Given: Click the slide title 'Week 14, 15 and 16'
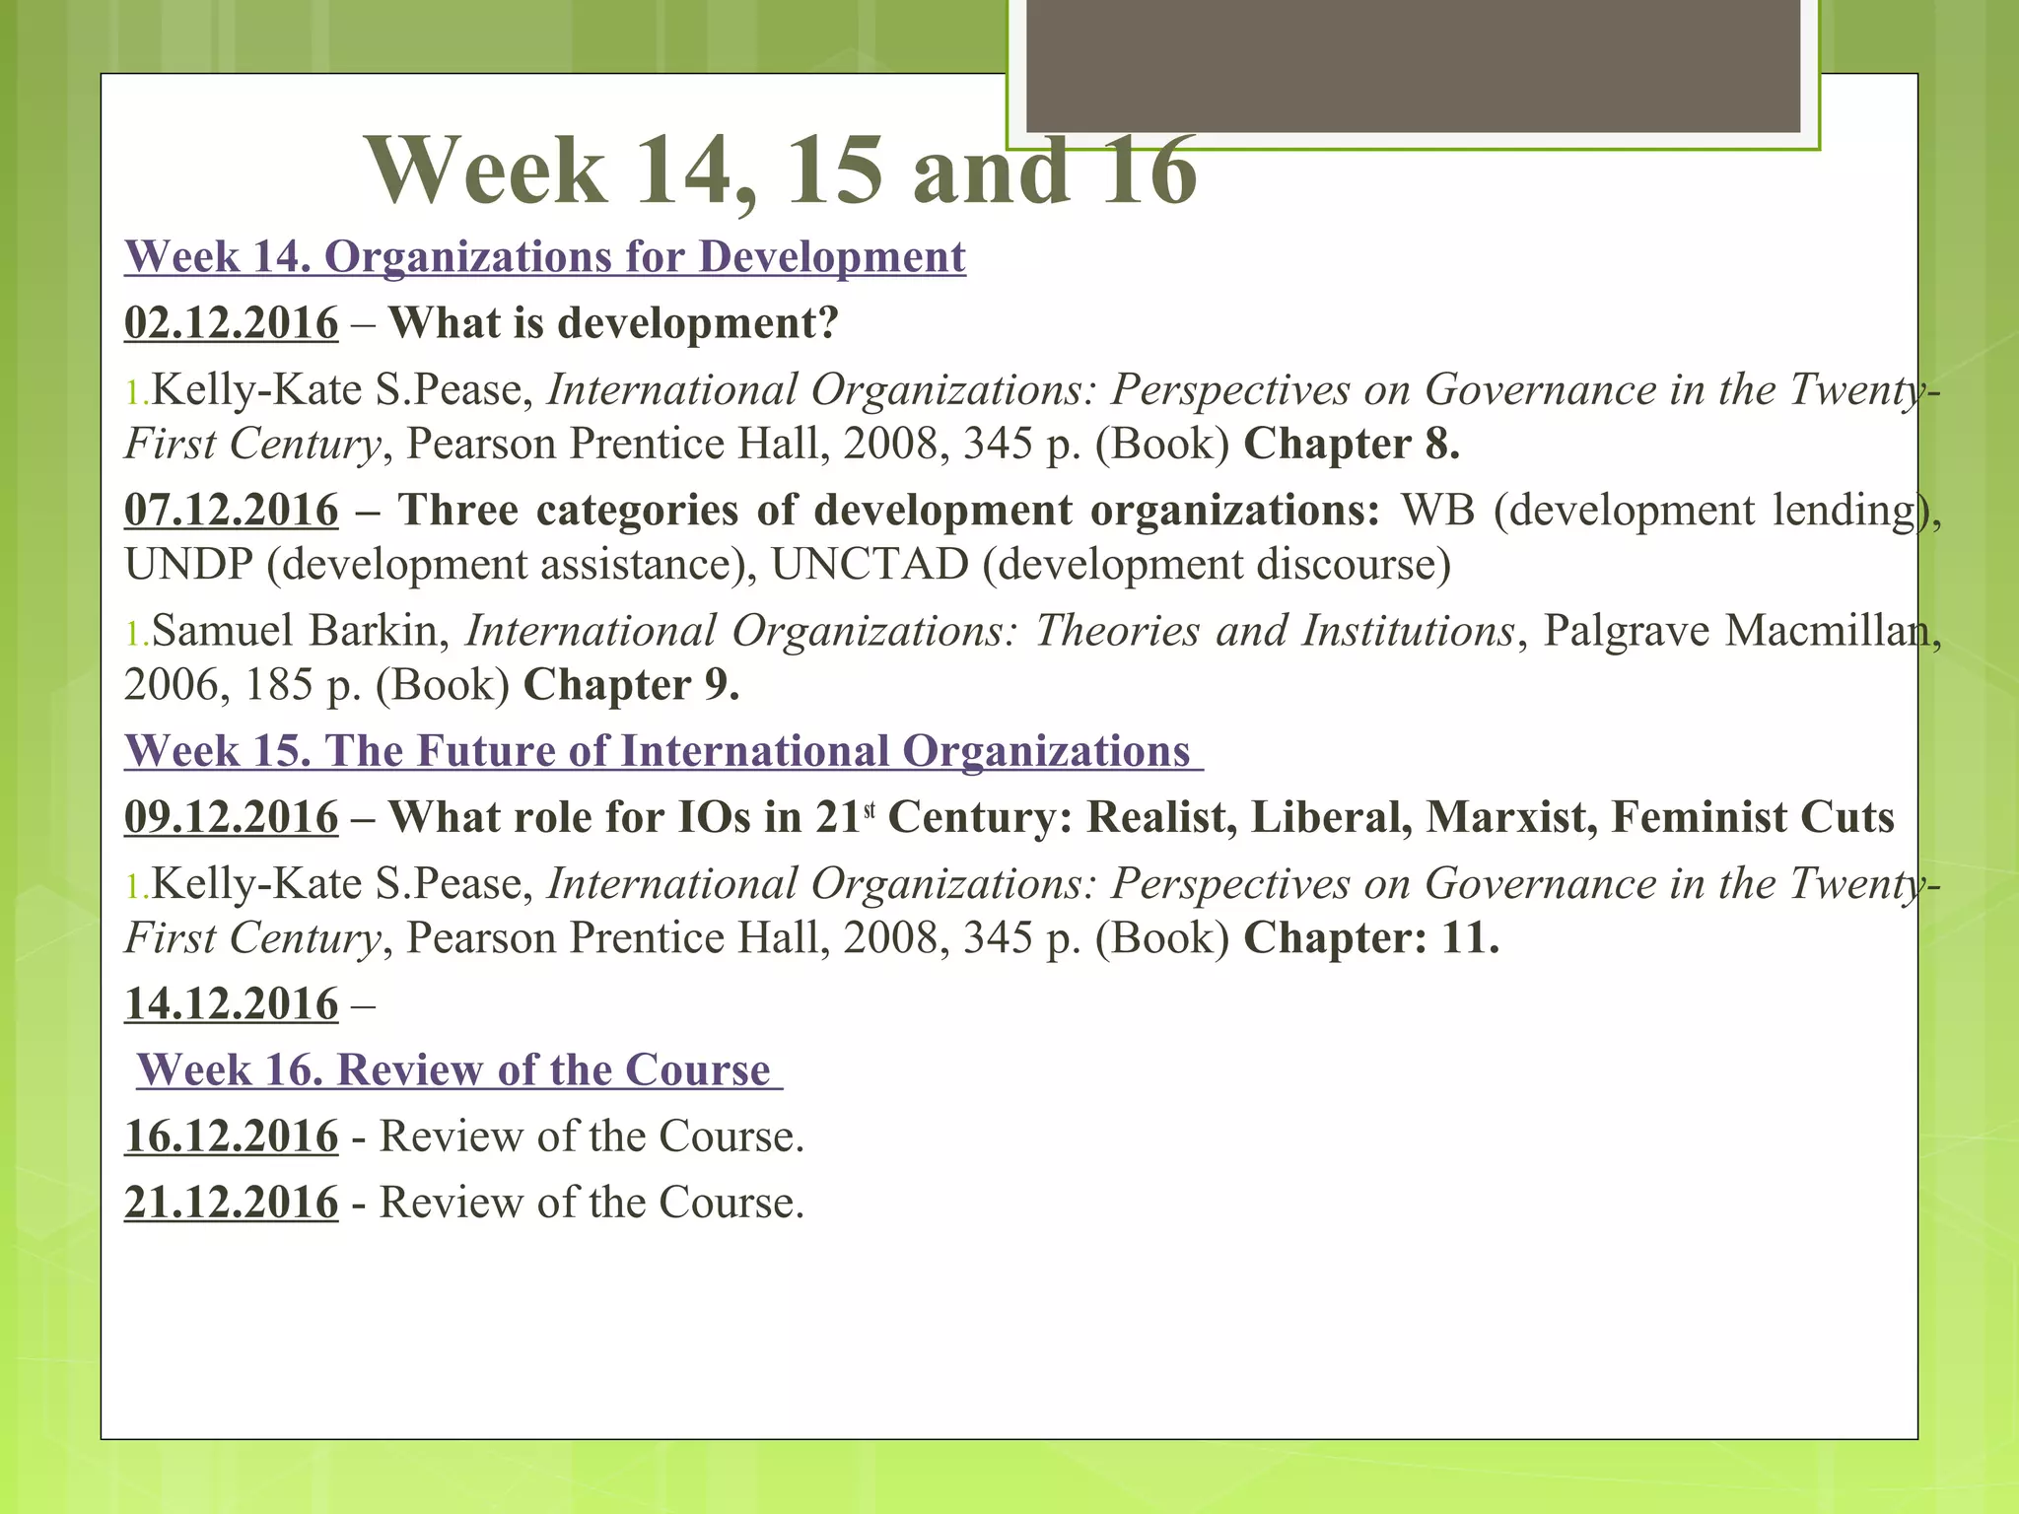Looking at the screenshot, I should click(x=781, y=172).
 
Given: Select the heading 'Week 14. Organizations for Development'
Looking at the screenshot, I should click(x=544, y=257).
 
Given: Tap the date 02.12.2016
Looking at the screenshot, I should click(x=231, y=323).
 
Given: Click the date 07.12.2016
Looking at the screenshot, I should click(x=231, y=511).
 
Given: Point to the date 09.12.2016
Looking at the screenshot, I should click(x=231, y=818).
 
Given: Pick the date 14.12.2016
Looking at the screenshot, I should click(x=231, y=1004).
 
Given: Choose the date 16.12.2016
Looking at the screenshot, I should click(x=231, y=1136).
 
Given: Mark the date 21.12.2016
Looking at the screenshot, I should click(x=231, y=1203).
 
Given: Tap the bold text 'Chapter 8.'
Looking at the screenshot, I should click(x=1352, y=445).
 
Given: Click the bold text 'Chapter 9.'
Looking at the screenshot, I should click(x=631, y=685).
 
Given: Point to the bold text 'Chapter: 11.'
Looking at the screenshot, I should click(x=1371, y=938).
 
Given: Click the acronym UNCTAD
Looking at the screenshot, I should click(x=870, y=565).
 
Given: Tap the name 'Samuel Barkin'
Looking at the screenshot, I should click(x=296, y=631).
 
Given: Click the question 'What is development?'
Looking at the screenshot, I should click(x=613, y=323).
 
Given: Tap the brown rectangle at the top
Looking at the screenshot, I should click(x=1413, y=65).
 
